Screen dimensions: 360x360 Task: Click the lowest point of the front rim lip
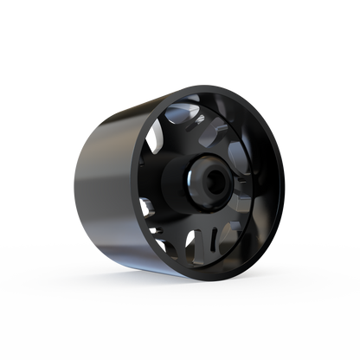[x=192, y=275]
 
